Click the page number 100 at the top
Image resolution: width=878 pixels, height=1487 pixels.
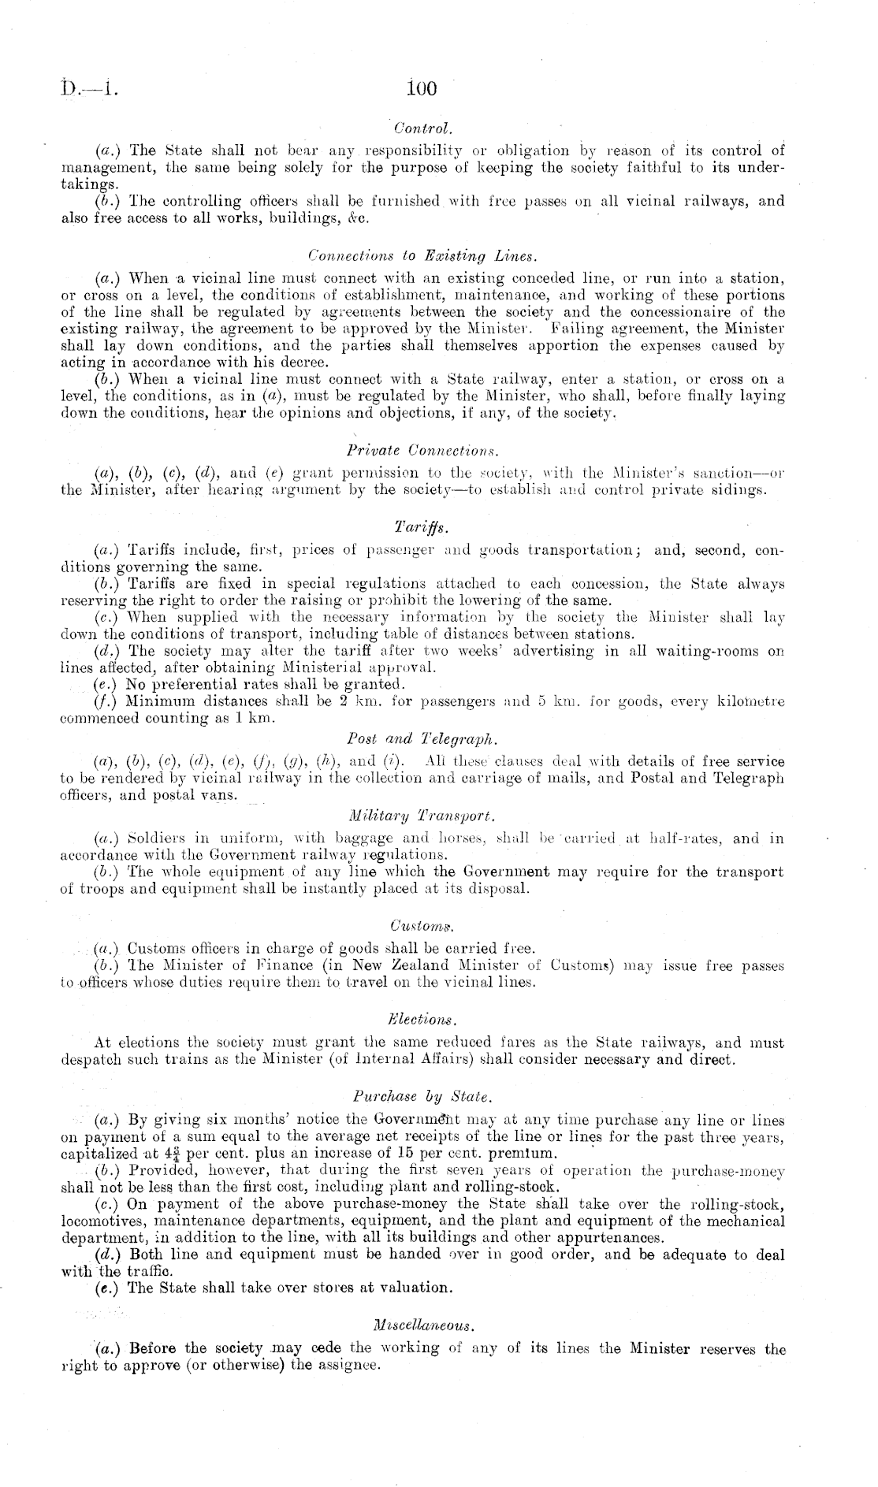point(422,88)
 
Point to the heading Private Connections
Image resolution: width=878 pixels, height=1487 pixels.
point(423,451)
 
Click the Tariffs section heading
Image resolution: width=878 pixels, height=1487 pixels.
point(422,525)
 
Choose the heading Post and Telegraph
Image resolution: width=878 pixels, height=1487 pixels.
point(422,739)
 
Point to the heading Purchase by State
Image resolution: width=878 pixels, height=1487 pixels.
point(422,1095)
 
